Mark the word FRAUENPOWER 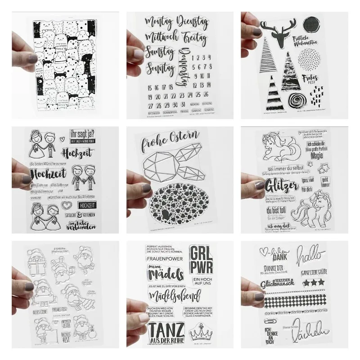pyautogui.click(x=160, y=260)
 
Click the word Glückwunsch pyautogui.click(x=276, y=284)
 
